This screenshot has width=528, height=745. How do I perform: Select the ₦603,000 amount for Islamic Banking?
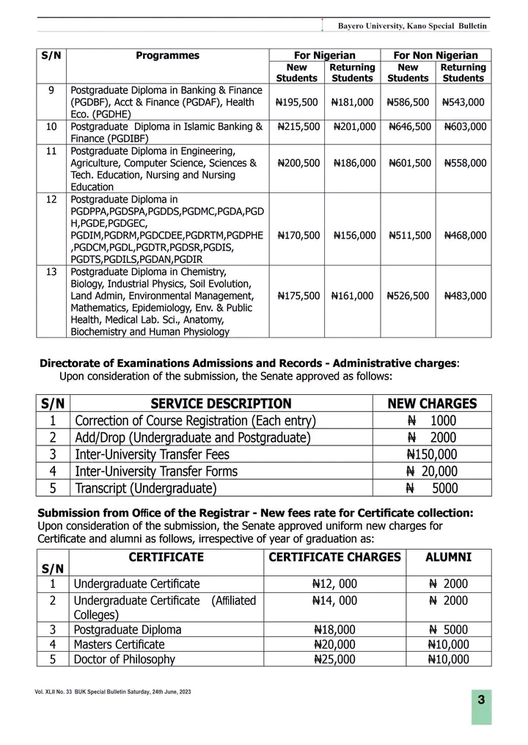pos(465,127)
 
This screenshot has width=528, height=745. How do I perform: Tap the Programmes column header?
pos(167,56)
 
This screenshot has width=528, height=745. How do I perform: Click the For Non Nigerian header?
pos(436,56)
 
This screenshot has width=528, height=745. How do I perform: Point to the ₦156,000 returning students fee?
pos(354,236)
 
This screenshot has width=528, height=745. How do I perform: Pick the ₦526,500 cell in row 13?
pos(408,296)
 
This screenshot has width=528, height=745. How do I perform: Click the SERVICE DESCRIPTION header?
pos(221,403)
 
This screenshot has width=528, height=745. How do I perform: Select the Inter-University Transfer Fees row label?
pos(160,454)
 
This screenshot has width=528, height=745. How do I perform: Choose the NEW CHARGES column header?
pos(431,403)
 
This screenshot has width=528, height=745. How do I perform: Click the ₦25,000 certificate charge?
pos(334,659)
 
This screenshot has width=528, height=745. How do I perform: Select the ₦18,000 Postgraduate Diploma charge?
pos(334,630)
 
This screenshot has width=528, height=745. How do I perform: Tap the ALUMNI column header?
pos(448,557)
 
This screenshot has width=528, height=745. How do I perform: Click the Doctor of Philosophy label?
pos(124,659)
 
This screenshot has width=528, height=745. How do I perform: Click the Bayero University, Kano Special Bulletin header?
pos(412,26)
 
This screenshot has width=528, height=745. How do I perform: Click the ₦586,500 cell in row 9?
pos(408,102)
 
